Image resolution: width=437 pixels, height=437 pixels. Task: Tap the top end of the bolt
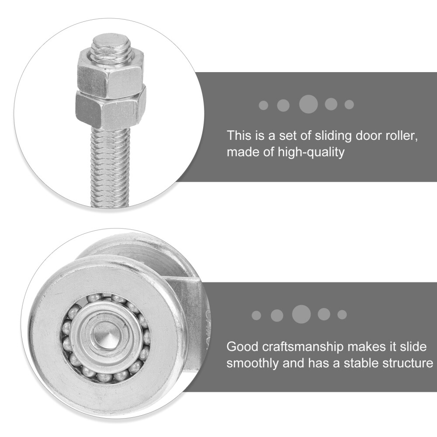pyautogui.click(x=111, y=44)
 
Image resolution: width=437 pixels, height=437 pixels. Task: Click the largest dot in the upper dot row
pyautogui.click(x=308, y=104)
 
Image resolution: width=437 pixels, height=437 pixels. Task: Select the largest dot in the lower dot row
pyautogui.click(x=301, y=314)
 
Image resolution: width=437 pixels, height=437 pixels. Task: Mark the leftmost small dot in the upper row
pyautogui.click(x=264, y=105)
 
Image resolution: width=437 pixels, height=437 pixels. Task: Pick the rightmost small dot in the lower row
pyautogui.click(x=342, y=315)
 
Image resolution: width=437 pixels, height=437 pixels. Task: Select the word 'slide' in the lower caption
pyautogui.click(x=411, y=347)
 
